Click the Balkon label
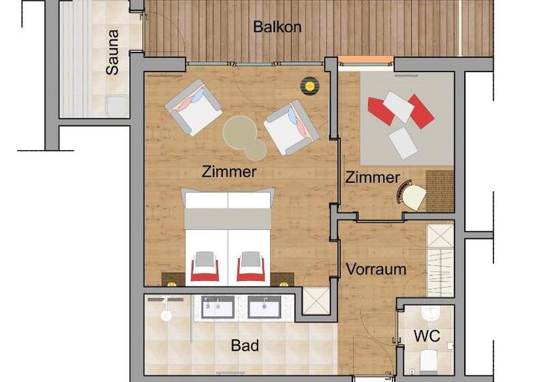point(277,27)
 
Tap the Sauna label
point(112,52)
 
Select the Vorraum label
point(376,269)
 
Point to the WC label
point(427,336)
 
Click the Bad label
point(245,345)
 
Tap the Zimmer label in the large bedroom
point(229,172)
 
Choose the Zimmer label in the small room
point(372,177)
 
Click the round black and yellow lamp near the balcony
point(309,85)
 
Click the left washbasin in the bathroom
point(217,307)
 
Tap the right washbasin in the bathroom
point(265,307)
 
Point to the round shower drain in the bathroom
point(166,316)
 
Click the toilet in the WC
point(429,361)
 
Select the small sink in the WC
point(430,313)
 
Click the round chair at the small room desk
point(412,195)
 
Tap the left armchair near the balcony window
point(193,107)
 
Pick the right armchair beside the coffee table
point(291,128)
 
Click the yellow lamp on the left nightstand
point(172,284)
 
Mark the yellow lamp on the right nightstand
point(284,284)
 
